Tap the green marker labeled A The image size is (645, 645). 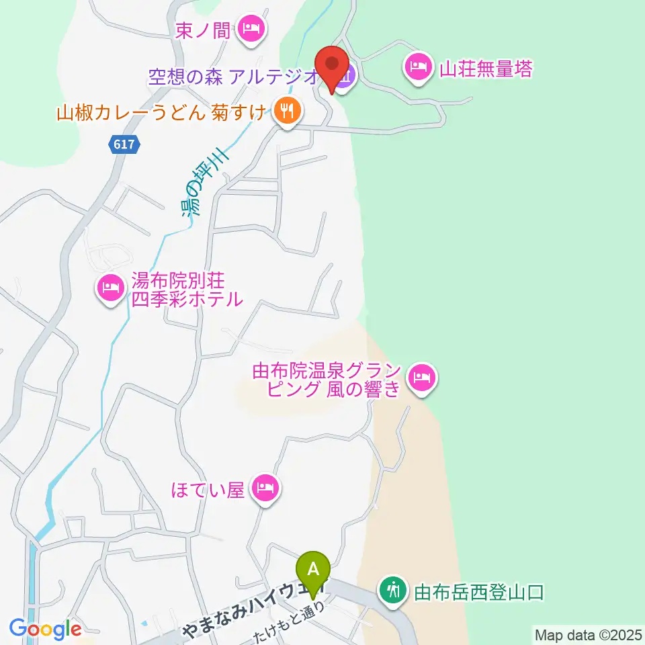313,570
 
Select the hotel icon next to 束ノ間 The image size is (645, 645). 252,29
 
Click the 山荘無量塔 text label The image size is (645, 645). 485,68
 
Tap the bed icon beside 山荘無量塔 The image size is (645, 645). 418,67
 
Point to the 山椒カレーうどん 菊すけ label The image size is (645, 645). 162,112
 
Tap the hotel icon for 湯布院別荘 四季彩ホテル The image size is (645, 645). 110,289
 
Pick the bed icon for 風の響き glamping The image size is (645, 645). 421,378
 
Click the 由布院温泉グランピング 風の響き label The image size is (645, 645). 327,380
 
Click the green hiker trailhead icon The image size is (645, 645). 392,591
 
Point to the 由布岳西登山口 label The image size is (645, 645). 478,592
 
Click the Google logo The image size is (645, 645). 45,629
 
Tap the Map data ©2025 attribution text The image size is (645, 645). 588,634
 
